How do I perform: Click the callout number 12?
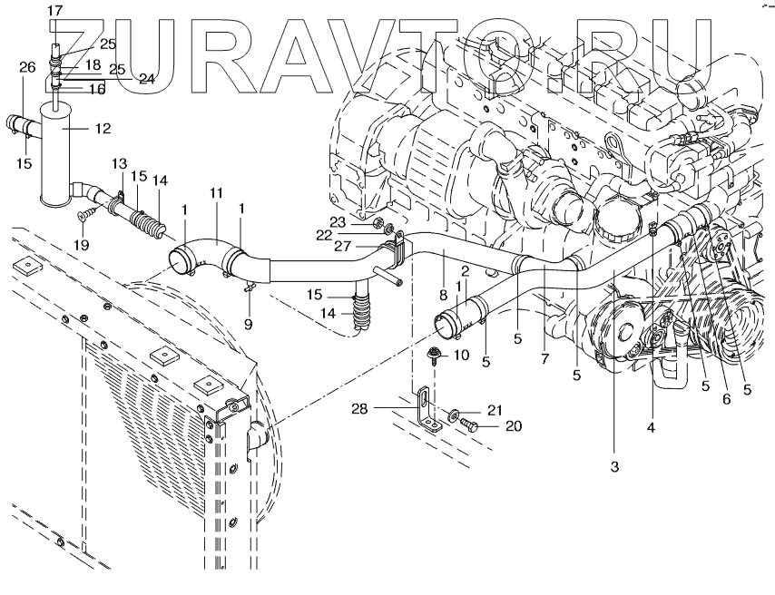click(103, 129)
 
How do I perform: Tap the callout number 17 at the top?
click(54, 10)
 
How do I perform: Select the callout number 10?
click(461, 355)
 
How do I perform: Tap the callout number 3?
click(613, 467)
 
